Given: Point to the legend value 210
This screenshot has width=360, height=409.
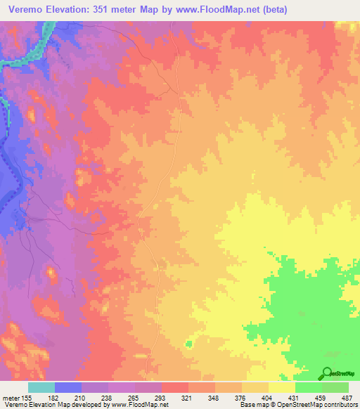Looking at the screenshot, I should [88, 398].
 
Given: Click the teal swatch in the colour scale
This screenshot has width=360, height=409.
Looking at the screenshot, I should [41, 387].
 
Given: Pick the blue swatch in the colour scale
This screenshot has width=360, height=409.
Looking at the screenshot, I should [68, 387].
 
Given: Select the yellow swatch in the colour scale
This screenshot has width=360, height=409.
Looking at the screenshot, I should [281, 387].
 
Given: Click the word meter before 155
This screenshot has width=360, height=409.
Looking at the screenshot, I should [12, 398].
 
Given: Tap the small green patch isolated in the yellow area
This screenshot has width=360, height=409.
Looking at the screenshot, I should [188, 344].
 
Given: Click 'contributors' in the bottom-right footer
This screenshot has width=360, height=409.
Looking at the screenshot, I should [337, 405].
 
